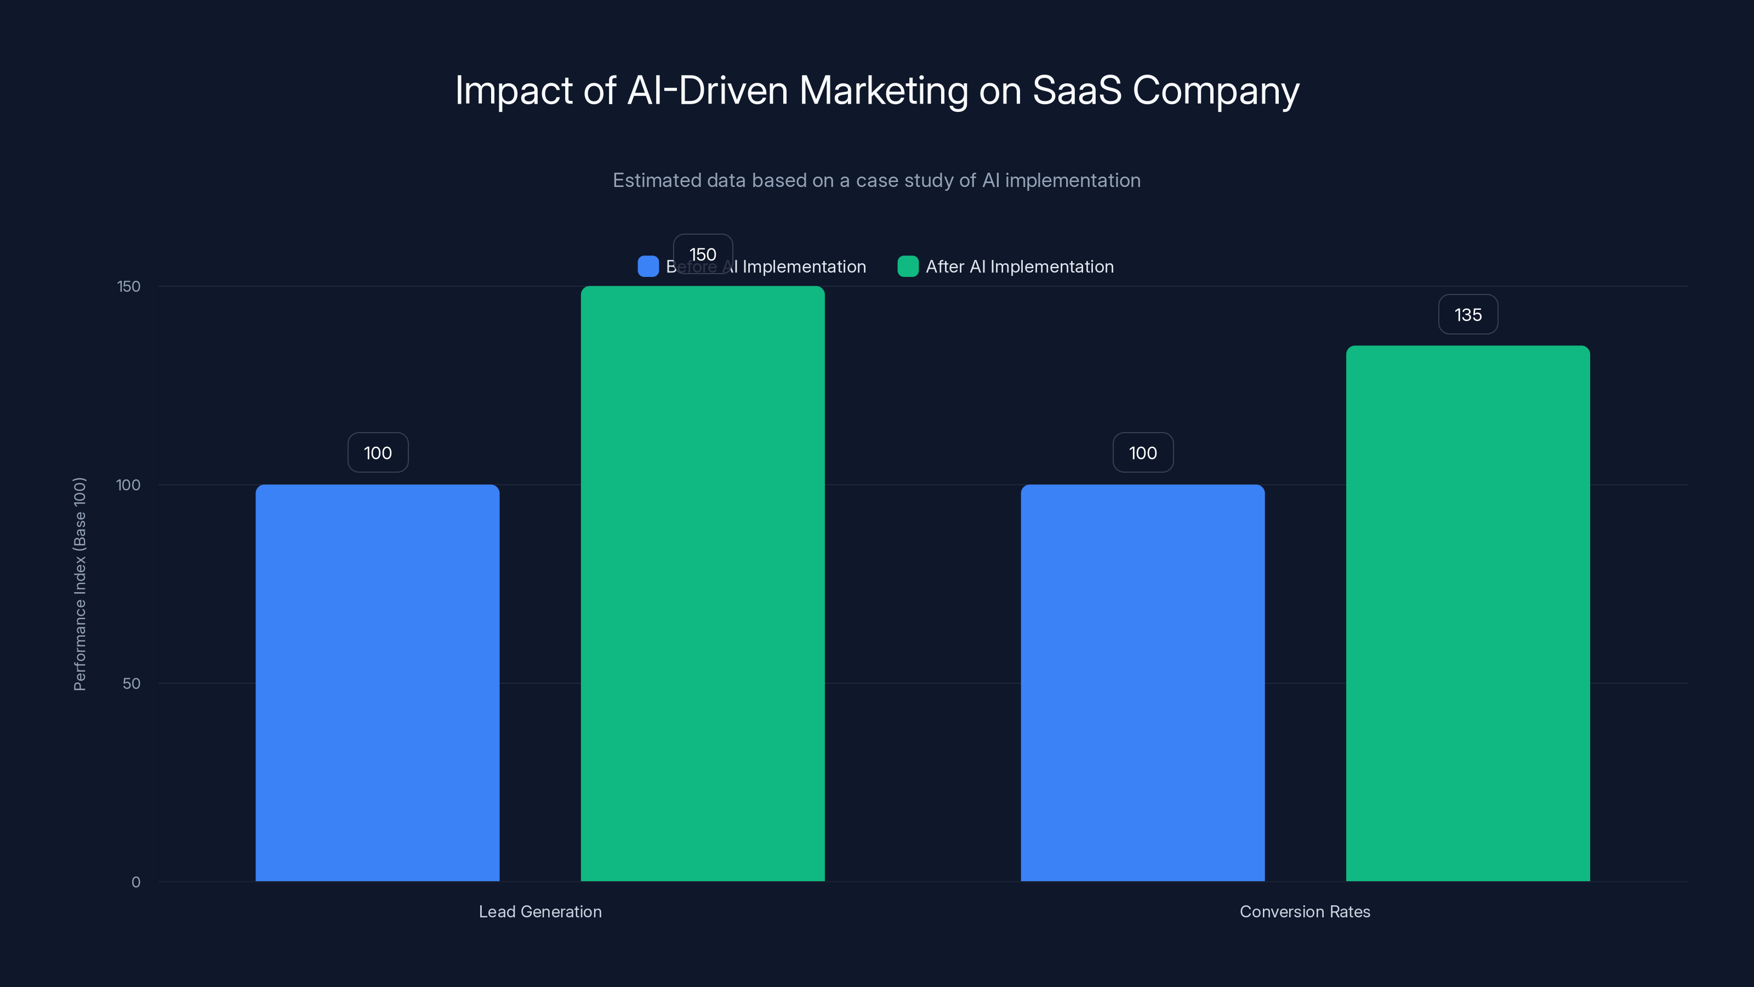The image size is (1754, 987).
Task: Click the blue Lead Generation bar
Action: coord(377,683)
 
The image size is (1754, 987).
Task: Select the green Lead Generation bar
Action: coord(702,584)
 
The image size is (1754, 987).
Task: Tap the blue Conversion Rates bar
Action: coord(1142,683)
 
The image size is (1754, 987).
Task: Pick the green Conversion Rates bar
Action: coord(1467,613)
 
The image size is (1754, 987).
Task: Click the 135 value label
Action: coord(1467,315)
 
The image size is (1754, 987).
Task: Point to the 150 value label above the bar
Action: coord(703,253)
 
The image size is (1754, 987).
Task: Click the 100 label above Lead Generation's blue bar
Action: coord(378,453)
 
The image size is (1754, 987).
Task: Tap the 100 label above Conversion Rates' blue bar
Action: coord(1142,453)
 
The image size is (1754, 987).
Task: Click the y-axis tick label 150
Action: coord(129,287)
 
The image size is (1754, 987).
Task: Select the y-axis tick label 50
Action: coord(132,684)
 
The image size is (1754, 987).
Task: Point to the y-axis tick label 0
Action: coord(135,882)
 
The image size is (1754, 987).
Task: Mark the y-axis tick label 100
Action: coord(128,485)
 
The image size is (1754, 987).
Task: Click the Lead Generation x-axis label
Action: coord(540,911)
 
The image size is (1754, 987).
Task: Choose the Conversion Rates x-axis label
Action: coord(1305,911)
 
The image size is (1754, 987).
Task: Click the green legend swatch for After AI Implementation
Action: coord(908,266)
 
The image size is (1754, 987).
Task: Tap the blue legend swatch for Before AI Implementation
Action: coord(647,266)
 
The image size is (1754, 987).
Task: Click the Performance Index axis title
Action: coord(79,584)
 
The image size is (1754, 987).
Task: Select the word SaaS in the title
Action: coord(1077,90)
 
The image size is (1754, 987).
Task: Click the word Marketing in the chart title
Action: coord(883,91)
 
